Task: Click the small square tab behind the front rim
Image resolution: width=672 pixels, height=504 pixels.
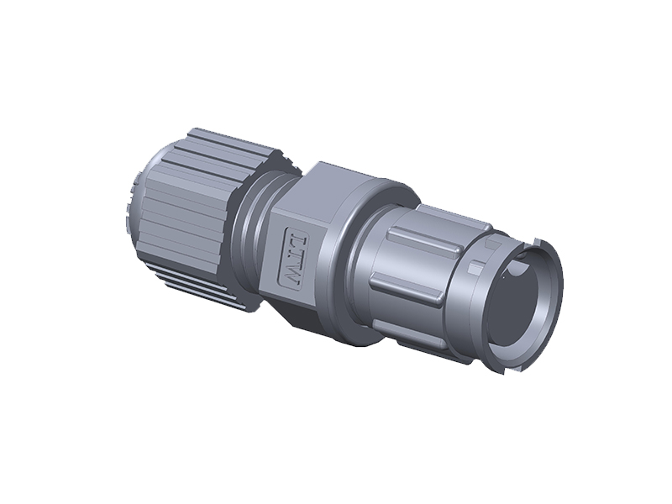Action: pyautogui.click(x=475, y=269)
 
